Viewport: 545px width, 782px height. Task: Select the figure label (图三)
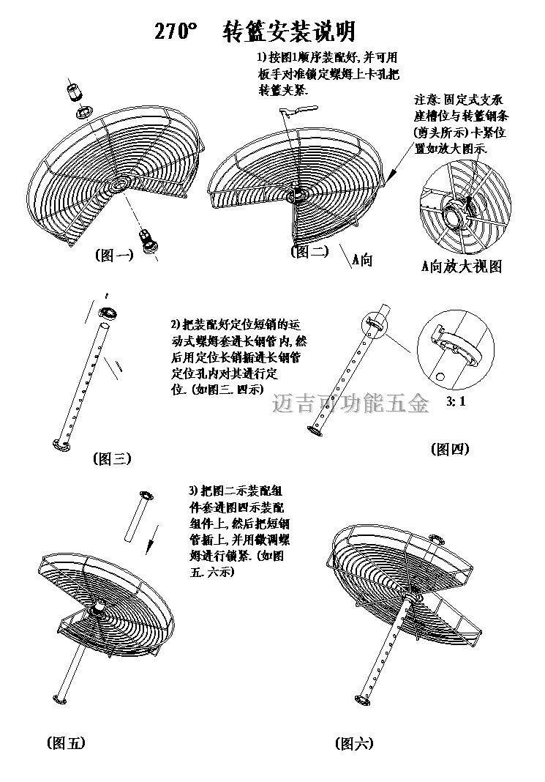click(112, 459)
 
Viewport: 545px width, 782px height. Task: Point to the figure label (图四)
click(449, 449)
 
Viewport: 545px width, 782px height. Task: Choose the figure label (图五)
click(65, 742)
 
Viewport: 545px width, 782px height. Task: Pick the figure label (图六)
click(353, 743)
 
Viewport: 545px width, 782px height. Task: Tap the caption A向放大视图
click(461, 267)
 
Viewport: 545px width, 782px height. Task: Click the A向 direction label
click(362, 258)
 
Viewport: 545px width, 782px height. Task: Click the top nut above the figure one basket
click(73, 93)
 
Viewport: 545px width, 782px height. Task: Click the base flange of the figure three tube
click(61, 444)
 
